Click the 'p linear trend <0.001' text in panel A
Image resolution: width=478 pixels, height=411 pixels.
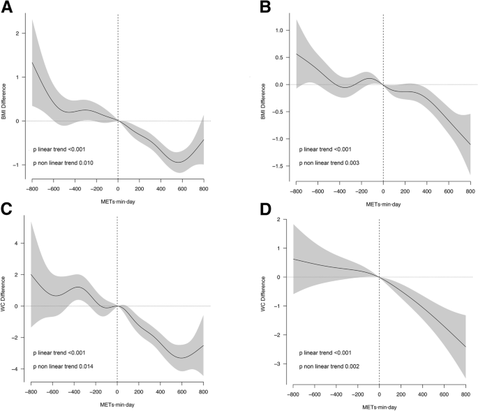(64, 148)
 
